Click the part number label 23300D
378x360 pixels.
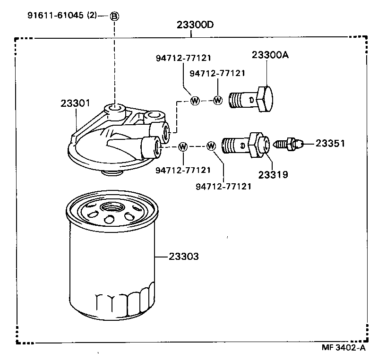(x=191, y=25)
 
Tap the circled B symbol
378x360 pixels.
(x=114, y=16)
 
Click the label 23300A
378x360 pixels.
(x=270, y=55)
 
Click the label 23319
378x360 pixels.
(x=273, y=174)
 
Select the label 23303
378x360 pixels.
(x=183, y=257)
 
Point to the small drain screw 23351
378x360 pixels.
(x=287, y=143)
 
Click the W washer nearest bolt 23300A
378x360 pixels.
(x=218, y=100)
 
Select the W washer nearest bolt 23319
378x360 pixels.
(x=211, y=146)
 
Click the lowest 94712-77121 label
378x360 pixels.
(x=223, y=186)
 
